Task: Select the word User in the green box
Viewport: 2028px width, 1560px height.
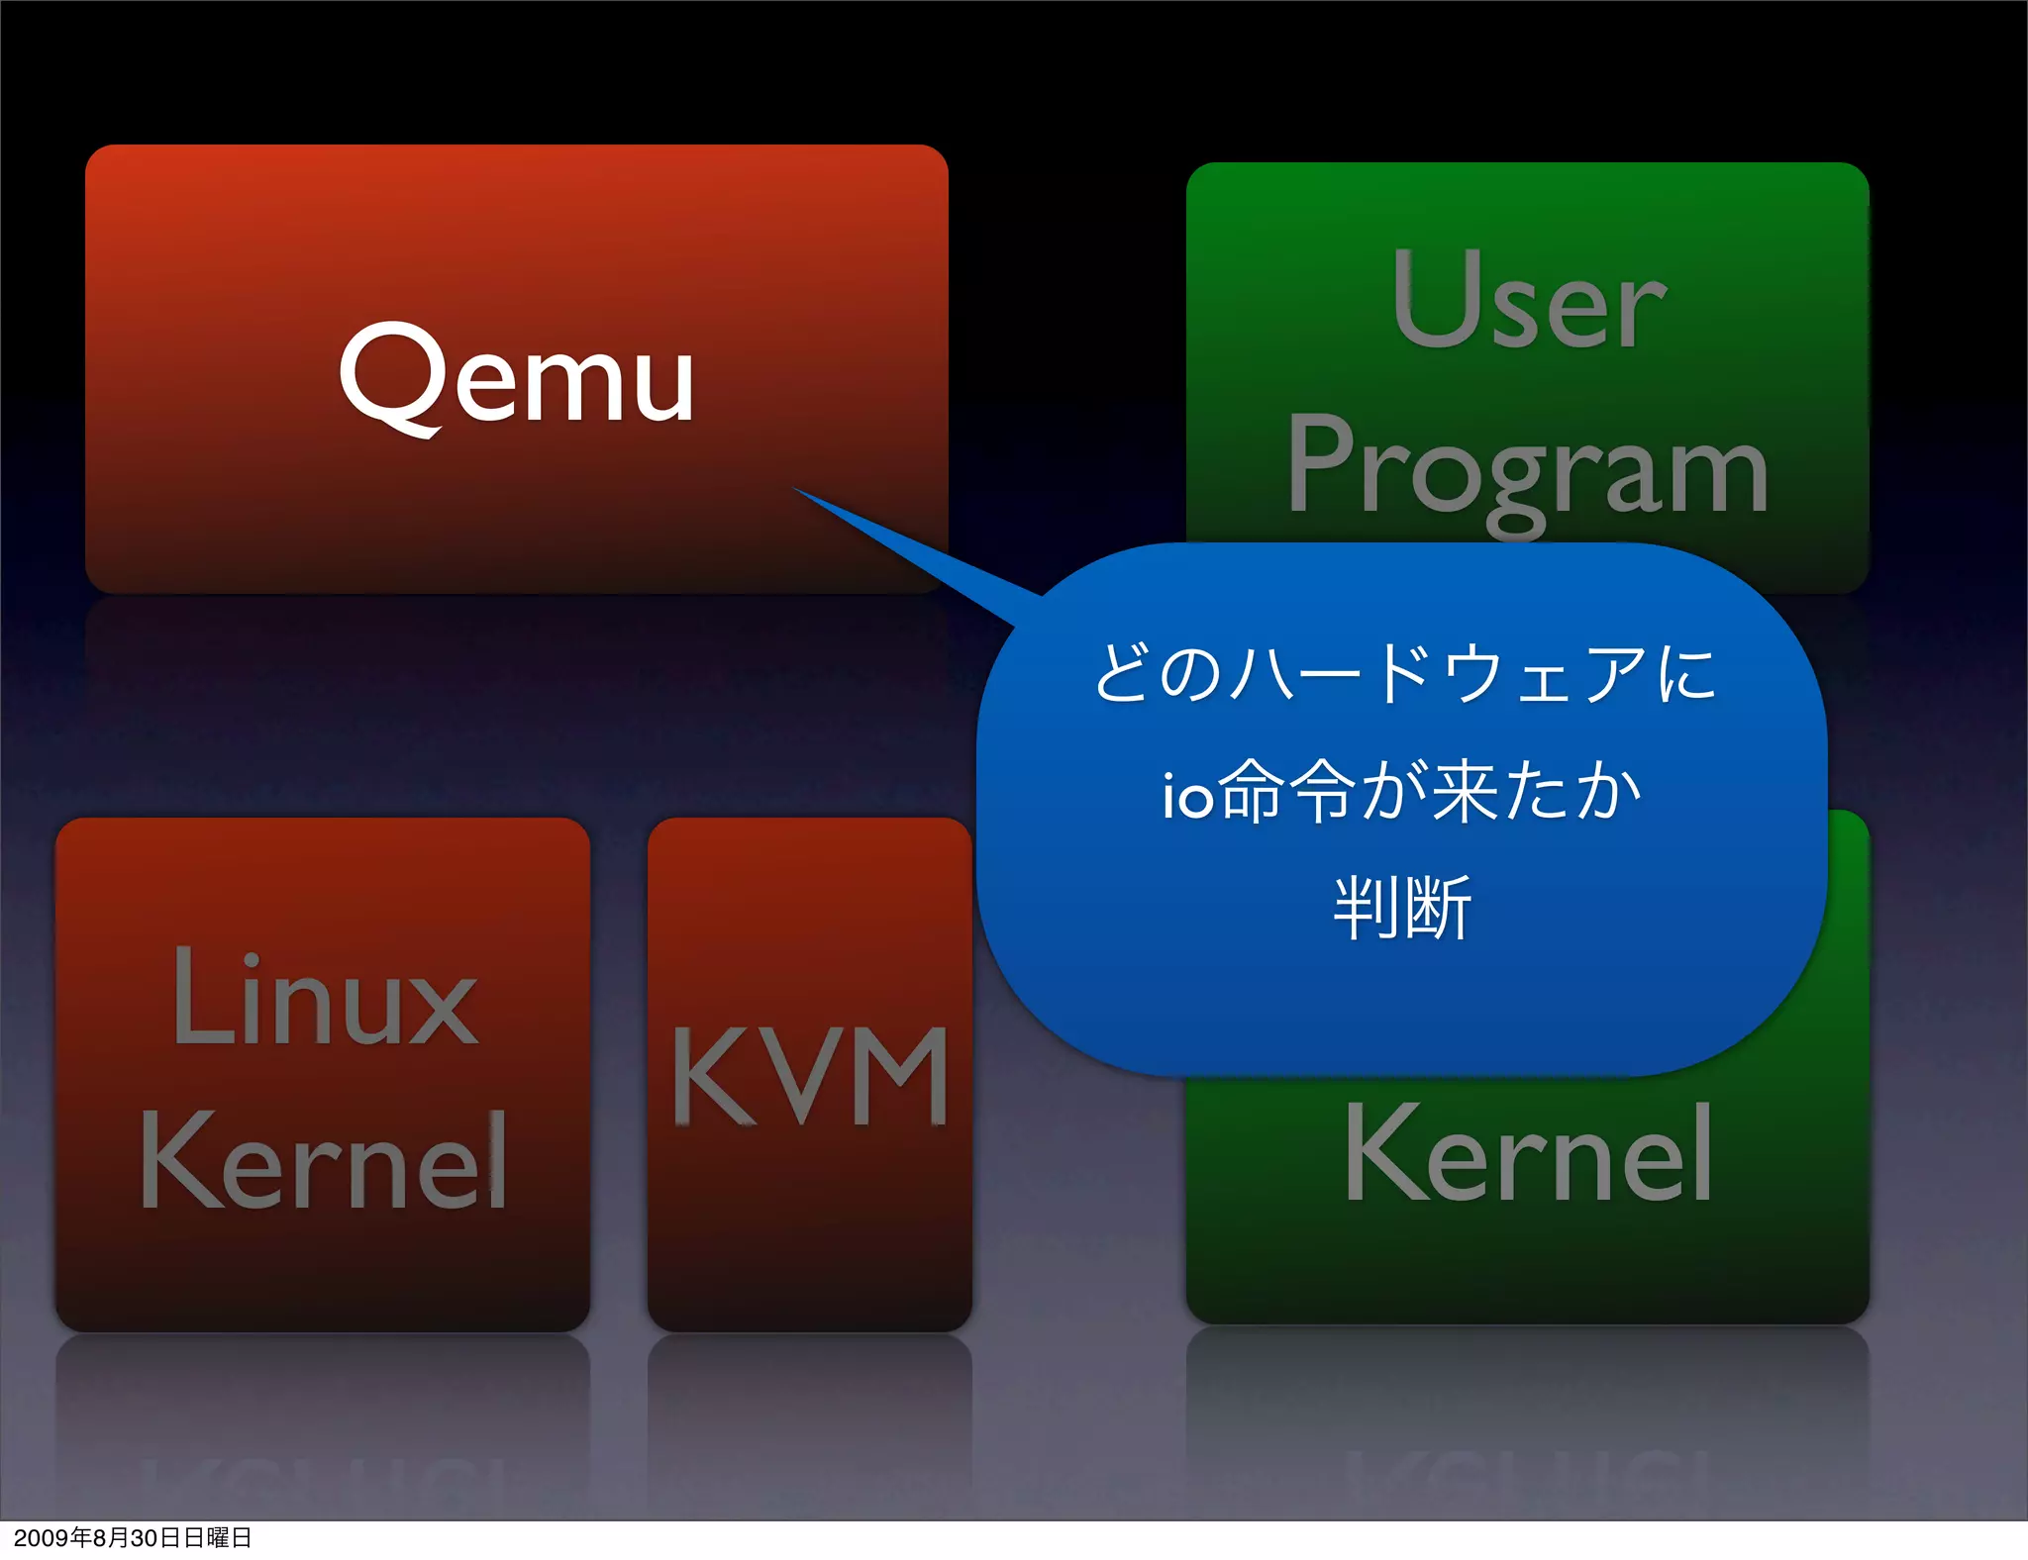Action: [x=1528, y=300]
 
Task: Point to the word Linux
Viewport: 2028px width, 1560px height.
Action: [x=325, y=997]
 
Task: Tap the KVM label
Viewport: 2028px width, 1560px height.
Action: [x=810, y=1077]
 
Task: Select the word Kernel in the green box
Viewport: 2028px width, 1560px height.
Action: [x=1528, y=1153]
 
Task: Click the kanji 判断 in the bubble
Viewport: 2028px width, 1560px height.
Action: [x=1402, y=907]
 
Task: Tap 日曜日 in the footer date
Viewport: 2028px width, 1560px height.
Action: [x=218, y=1537]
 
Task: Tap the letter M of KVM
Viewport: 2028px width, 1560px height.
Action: [x=900, y=1077]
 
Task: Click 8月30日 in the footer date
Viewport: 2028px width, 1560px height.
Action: [x=138, y=1537]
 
